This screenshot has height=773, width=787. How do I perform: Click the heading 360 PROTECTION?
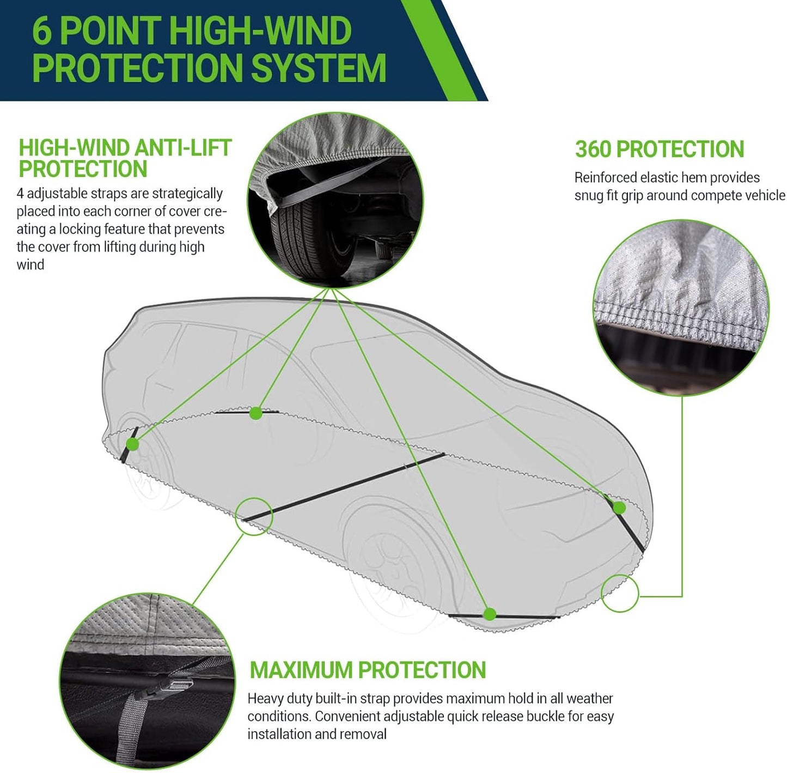(659, 149)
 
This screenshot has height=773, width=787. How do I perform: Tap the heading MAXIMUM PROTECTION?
(368, 670)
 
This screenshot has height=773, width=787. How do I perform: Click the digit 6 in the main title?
(42, 32)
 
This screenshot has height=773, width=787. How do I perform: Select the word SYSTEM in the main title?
(318, 69)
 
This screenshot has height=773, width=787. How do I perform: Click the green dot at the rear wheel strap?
(132, 444)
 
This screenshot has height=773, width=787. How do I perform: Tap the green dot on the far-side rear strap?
(255, 413)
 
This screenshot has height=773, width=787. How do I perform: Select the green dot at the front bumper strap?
(619, 508)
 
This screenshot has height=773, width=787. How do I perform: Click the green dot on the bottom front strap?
(490, 614)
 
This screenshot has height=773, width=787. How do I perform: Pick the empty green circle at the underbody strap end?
(254, 516)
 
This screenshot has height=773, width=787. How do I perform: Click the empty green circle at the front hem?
(620, 593)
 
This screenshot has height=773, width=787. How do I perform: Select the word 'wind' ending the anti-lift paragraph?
(30, 265)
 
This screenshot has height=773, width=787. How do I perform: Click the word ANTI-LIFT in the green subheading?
(182, 148)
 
